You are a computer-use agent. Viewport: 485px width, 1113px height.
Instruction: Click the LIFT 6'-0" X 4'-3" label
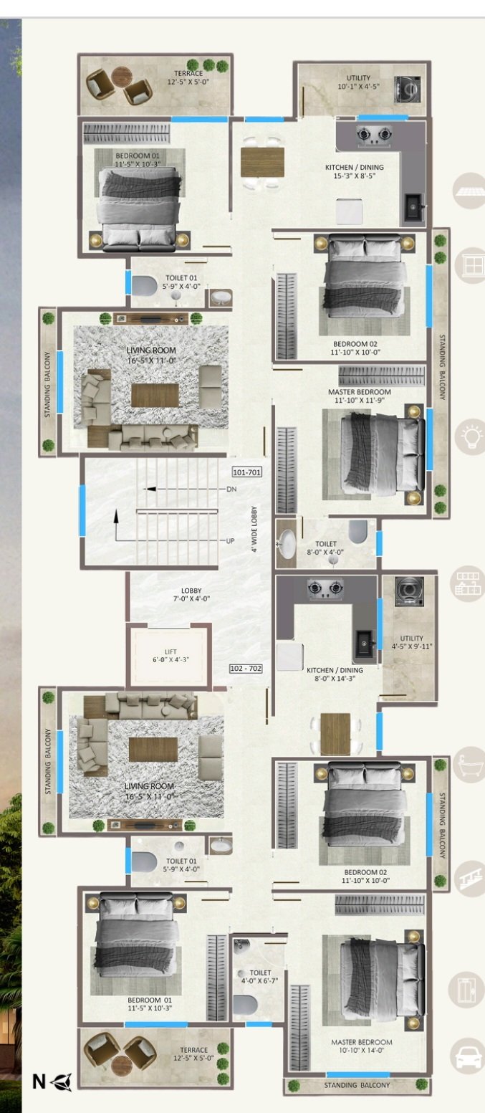pos(171,655)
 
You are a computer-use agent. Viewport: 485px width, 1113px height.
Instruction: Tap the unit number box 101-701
pos(247,472)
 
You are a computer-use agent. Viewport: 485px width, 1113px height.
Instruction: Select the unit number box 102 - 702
pos(246,668)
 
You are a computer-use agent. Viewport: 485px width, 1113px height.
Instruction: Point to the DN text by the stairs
pos(231,489)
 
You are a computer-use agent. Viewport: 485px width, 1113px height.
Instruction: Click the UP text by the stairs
pos(230,540)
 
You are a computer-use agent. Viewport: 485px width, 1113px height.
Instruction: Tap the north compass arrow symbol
pos(61,1081)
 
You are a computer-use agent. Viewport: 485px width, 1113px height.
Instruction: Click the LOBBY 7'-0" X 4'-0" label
pos(191,595)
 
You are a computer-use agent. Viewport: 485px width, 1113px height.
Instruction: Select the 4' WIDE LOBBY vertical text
pos(254,529)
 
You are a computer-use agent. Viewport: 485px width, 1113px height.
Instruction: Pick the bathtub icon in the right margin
pos(469,764)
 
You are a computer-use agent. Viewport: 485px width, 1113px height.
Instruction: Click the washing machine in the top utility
pos(408,90)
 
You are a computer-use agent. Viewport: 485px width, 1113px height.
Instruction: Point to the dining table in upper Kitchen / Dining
pos(262,162)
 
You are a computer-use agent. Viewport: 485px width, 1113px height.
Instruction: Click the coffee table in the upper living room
pos(155,395)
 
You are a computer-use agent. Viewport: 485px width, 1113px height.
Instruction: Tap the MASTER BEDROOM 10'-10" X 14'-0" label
pos(361,1046)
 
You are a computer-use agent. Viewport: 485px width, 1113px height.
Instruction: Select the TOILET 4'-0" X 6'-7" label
pos(260,976)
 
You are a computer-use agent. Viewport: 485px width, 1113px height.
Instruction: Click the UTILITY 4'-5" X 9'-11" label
pos(411,642)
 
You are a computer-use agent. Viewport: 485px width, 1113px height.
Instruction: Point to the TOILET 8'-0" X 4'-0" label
pos(325,548)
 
